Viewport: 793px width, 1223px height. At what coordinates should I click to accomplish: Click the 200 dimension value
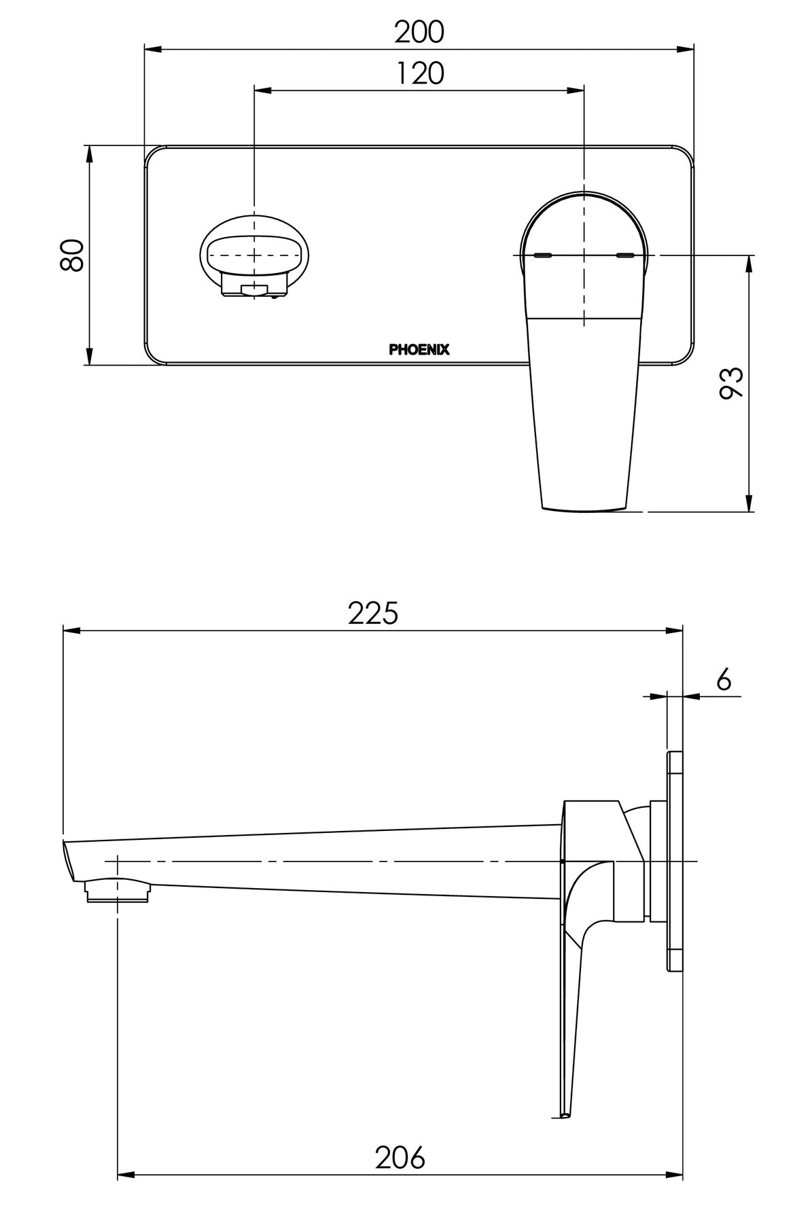[419, 31]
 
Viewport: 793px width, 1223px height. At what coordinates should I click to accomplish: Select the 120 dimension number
[419, 73]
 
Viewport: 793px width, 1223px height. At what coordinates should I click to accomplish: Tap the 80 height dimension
[72, 255]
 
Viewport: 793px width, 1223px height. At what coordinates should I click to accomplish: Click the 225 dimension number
[372, 614]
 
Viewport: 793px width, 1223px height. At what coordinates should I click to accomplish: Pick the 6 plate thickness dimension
[724, 679]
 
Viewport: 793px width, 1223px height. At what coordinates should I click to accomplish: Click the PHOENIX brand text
[419, 350]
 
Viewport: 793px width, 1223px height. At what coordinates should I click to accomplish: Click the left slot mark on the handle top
[544, 255]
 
